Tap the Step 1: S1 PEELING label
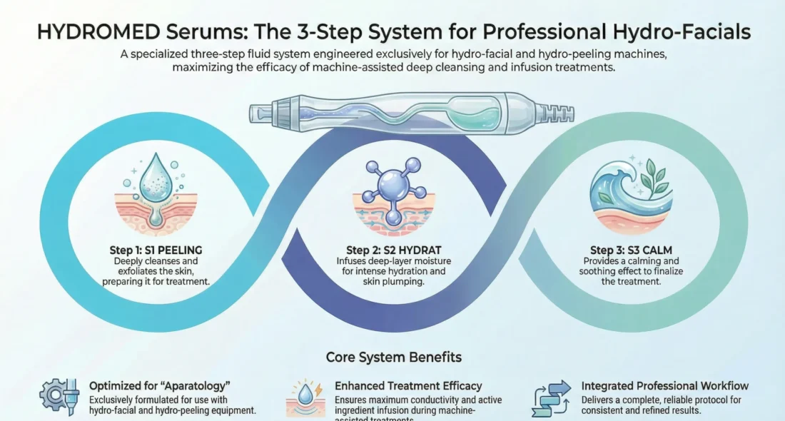pos(152,250)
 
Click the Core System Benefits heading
pos(392,357)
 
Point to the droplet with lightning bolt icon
pos(305,397)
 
